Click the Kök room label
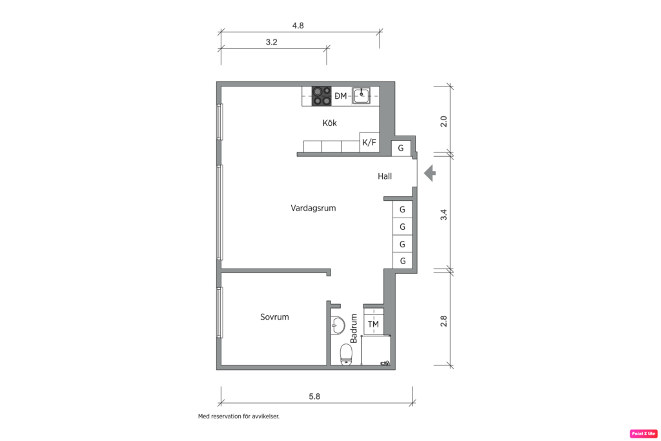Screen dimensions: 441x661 pos(330,123)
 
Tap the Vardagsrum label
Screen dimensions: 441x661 pos(313,208)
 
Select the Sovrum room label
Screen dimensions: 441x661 pos(274,317)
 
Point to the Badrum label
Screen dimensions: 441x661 pos(354,328)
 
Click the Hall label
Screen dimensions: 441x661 pos(385,176)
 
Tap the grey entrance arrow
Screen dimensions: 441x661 pos(430,173)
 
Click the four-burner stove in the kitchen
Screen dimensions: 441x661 pos(321,96)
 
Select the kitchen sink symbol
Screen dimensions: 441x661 pos(361,96)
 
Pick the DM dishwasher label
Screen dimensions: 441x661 pos(341,96)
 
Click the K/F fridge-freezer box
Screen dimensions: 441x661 pos(369,143)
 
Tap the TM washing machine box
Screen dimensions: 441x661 pos(373,323)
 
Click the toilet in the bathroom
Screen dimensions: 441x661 pos(347,353)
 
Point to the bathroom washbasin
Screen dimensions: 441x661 pos(338,325)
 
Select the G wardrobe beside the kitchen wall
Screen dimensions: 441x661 pos(401,148)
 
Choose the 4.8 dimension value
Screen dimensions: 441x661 pos(298,26)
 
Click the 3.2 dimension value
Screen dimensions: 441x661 pos(272,42)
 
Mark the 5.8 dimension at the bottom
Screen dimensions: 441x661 pos(314,396)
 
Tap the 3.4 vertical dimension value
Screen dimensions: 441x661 pos(443,215)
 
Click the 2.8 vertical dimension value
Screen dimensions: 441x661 pos(443,321)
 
